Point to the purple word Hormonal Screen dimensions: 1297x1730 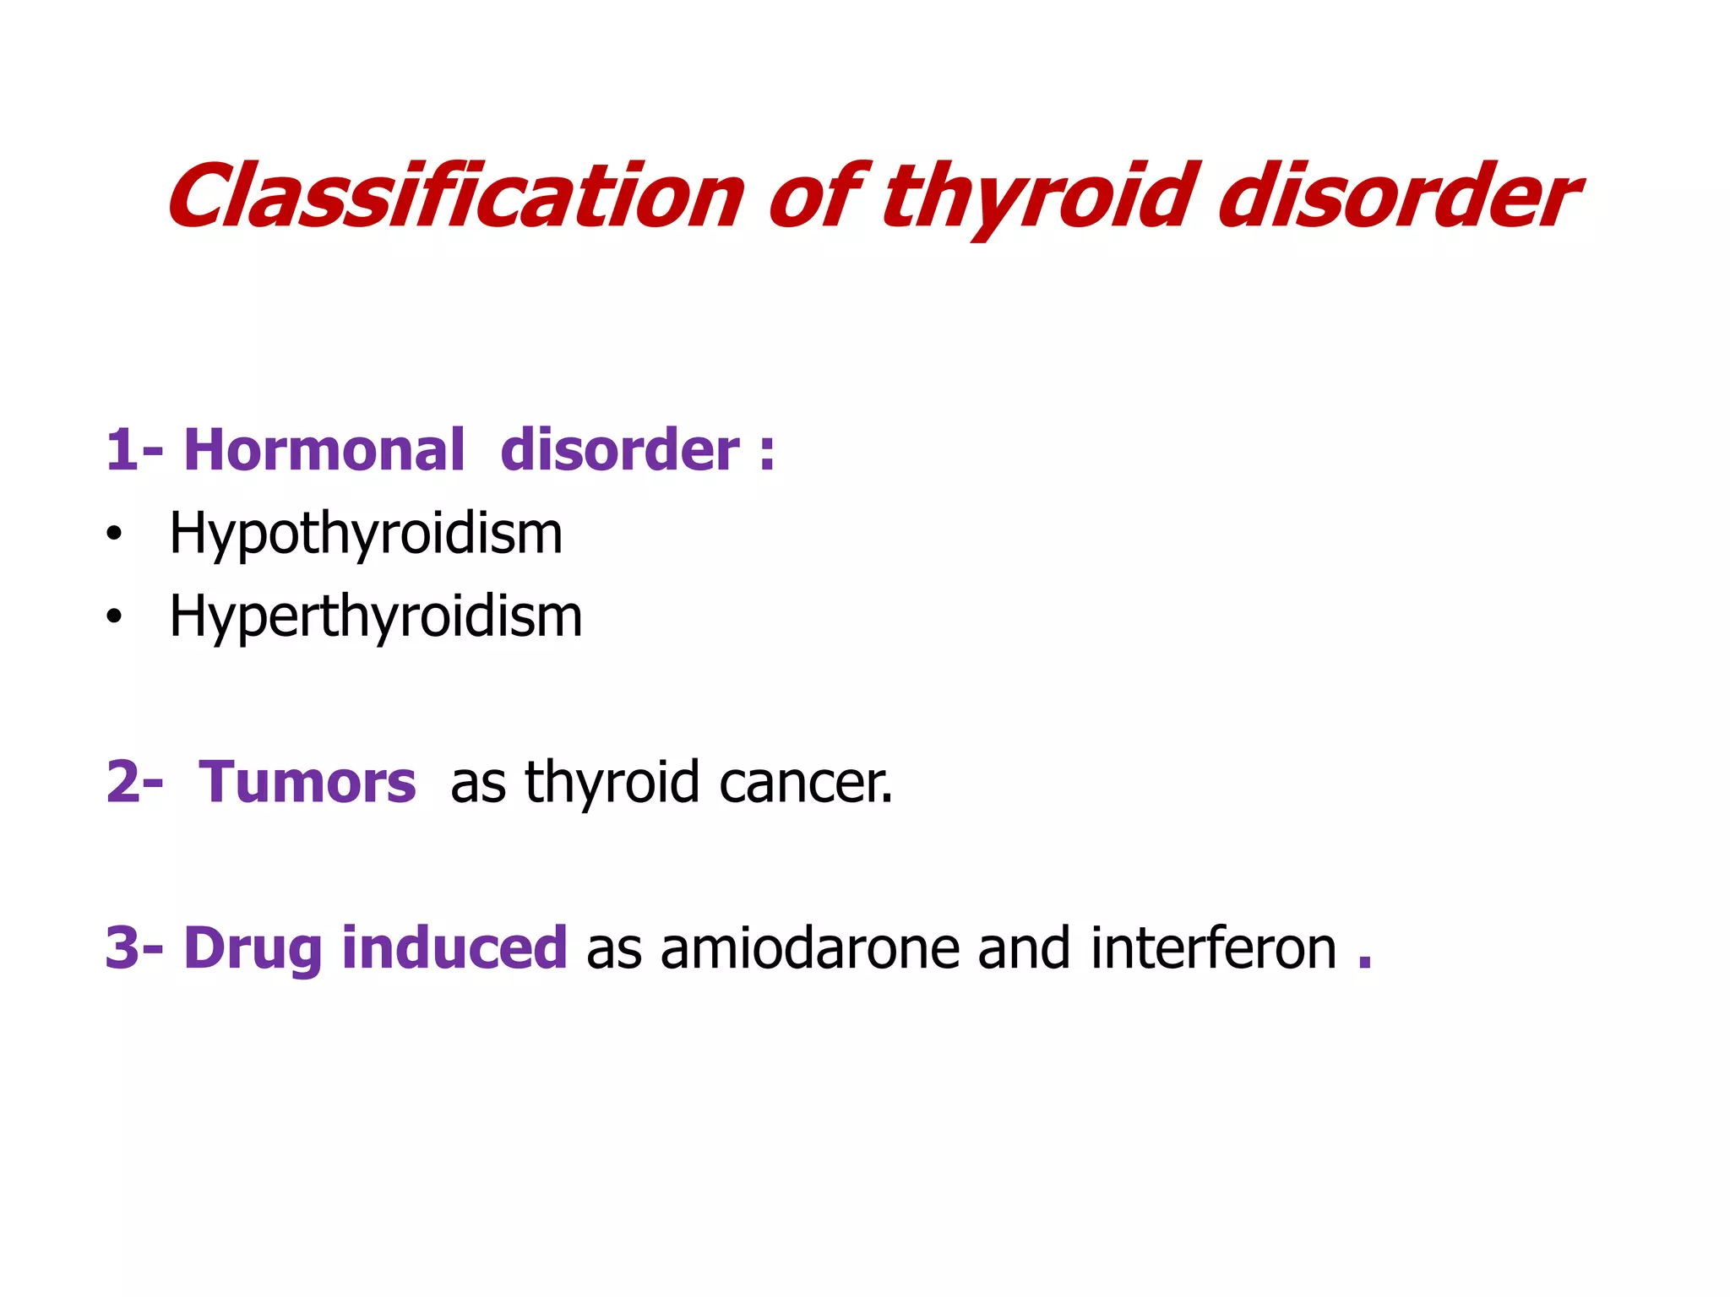(x=324, y=449)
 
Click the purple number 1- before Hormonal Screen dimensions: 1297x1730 (x=133, y=449)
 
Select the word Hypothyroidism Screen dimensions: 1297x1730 (x=366, y=534)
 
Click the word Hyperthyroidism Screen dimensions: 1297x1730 (x=376, y=616)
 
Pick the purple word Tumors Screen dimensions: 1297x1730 (x=307, y=782)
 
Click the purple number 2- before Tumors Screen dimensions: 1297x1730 (x=134, y=782)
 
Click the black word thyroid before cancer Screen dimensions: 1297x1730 (x=612, y=783)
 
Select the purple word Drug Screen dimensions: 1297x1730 (x=253, y=948)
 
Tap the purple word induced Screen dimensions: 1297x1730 (x=454, y=947)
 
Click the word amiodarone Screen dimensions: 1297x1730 (x=809, y=948)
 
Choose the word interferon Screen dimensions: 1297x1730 (x=1213, y=947)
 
